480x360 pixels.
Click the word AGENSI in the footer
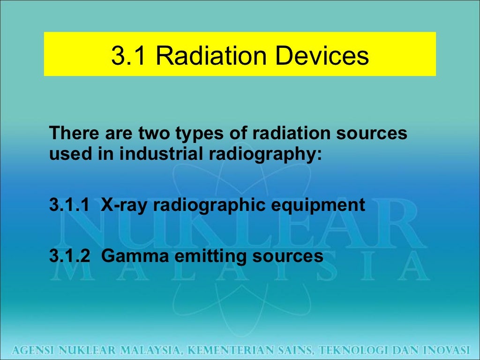click(x=33, y=350)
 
